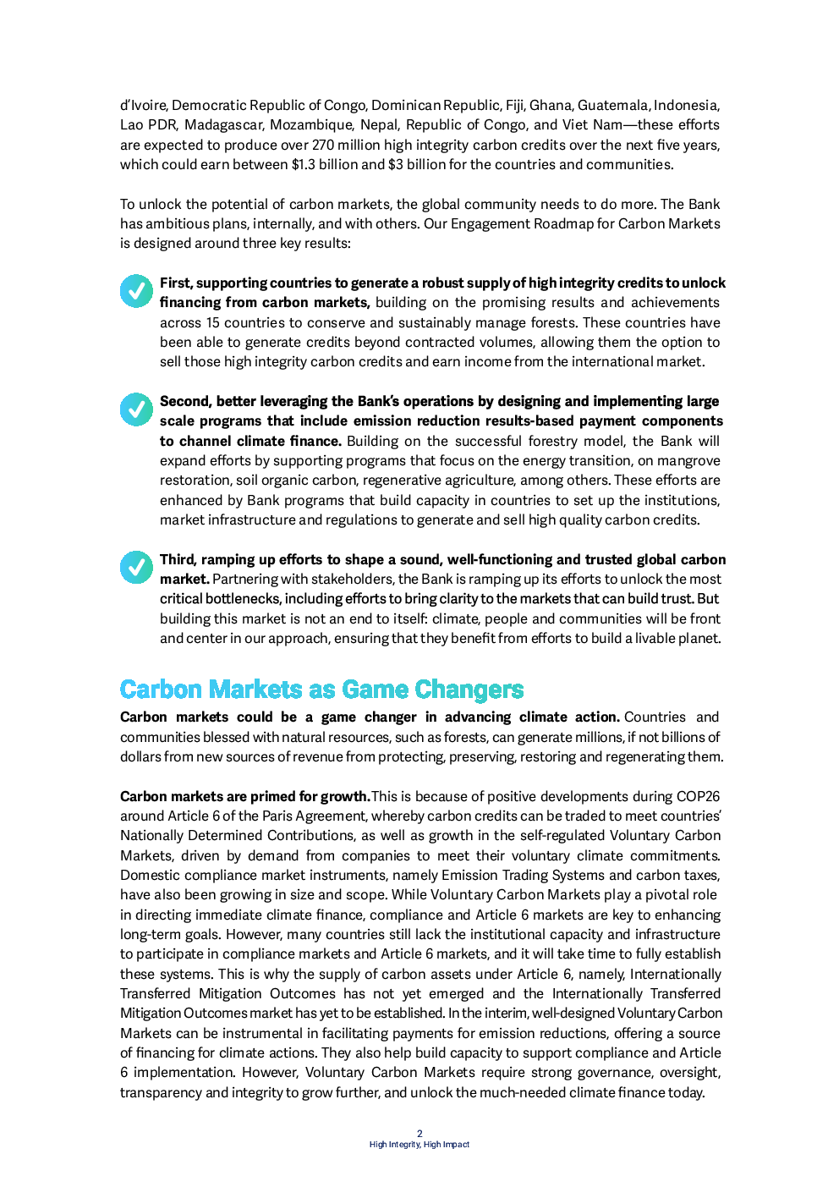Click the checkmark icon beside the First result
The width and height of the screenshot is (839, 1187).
(135, 290)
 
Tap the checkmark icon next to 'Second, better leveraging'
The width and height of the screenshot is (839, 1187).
(135, 409)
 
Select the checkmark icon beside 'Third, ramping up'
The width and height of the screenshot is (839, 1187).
(135, 567)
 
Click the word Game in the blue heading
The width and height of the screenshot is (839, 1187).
(375, 690)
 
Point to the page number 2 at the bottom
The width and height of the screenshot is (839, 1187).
(419, 1134)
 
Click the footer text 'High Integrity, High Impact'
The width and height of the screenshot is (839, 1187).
(419, 1145)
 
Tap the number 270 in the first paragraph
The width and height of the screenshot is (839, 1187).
(323, 145)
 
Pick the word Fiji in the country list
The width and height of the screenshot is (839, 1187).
(514, 105)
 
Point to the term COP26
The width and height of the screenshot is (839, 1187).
(698, 796)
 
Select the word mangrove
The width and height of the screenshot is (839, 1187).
(690, 460)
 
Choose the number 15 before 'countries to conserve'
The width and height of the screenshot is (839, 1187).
(213, 322)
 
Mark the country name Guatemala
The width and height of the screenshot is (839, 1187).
(612, 105)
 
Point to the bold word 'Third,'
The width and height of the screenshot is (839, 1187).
(178, 559)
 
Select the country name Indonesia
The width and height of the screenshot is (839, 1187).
(685, 105)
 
